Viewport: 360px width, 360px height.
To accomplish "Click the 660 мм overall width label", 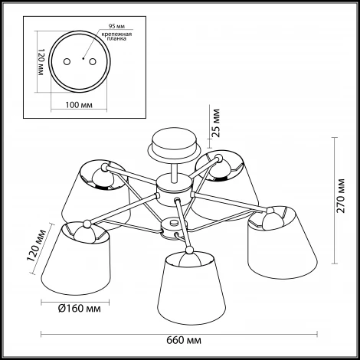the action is point(184,340).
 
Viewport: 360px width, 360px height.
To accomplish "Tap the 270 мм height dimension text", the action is point(341,196).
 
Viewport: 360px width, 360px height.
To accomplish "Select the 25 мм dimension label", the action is point(216,123).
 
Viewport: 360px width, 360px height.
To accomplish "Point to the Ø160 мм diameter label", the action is point(80,309).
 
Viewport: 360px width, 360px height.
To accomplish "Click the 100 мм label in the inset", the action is point(79,105).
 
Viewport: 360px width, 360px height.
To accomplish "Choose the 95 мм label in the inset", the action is point(116,26).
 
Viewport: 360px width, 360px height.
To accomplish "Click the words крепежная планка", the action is point(116,37).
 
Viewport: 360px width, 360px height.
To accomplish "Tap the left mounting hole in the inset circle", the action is point(67,62).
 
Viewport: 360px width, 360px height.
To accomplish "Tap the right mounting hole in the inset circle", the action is point(93,62).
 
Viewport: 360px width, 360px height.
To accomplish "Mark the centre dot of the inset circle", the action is point(83,59).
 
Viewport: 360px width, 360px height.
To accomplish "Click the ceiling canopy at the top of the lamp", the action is point(174,146).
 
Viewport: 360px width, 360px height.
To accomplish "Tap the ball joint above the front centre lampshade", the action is point(189,250).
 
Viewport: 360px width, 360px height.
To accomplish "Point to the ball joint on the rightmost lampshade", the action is point(270,211).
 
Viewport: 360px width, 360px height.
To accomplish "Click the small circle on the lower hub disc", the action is point(174,222).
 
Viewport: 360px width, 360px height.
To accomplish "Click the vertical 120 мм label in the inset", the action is point(41,62).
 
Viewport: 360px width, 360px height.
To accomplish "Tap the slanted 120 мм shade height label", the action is point(37,246).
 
